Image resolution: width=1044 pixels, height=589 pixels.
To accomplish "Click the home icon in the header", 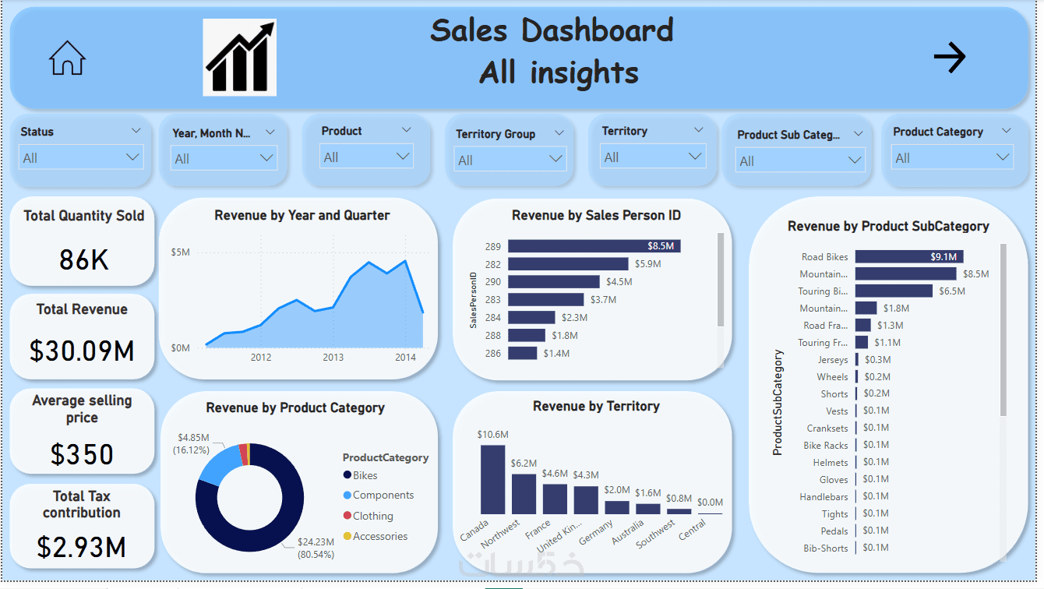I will (67, 58).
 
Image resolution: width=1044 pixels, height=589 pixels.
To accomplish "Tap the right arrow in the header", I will (949, 57).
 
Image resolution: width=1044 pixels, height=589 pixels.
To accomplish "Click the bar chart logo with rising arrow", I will (240, 58).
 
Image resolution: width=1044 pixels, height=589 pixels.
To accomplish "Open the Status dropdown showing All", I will (81, 157).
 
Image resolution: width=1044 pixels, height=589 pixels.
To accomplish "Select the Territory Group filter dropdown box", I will (510, 160).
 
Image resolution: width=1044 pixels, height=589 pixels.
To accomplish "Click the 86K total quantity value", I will (83, 259).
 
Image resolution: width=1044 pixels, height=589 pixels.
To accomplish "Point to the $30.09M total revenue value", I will (82, 351).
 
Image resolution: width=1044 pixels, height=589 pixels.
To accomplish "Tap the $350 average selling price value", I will (82, 453).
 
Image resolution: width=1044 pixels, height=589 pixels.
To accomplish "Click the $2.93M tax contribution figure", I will (82, 547).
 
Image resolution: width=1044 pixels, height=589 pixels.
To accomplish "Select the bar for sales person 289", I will (594, 246).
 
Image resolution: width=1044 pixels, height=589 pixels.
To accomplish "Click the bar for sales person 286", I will (522, 353).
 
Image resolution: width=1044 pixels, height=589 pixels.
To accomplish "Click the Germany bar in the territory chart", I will (616, 506).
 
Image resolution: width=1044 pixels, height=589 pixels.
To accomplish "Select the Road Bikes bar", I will (908, 256).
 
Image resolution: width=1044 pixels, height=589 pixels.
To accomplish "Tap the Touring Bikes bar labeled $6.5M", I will (893, 291).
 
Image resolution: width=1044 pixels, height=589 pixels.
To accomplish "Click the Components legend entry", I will (383, 496).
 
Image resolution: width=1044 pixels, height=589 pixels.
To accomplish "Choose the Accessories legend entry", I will (379, 536).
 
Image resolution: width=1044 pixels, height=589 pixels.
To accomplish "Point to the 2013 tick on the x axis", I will (333, 358).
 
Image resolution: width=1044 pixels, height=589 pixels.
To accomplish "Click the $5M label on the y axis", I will (180, 252).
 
